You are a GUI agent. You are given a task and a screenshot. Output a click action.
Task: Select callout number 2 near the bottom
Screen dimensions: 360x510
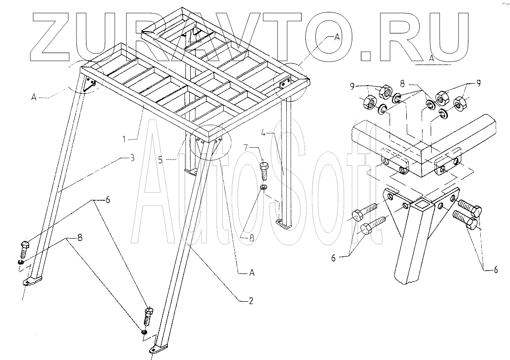[250, 301]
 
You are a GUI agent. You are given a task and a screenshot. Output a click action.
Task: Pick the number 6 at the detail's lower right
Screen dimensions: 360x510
[495, 270]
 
